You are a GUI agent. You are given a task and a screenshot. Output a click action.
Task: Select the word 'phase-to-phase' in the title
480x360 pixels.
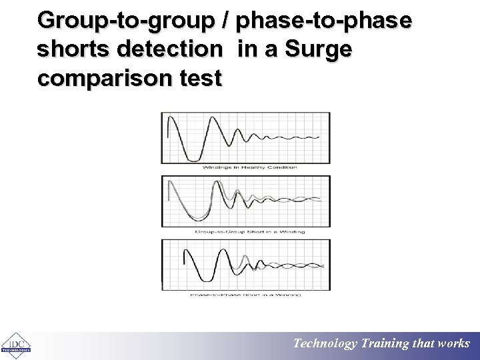324,21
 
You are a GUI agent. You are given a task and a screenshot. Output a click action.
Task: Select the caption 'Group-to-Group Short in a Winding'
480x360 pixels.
249,231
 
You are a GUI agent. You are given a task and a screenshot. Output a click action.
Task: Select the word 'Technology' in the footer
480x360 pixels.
326,344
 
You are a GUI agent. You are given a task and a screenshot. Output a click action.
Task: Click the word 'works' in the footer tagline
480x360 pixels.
454,344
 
